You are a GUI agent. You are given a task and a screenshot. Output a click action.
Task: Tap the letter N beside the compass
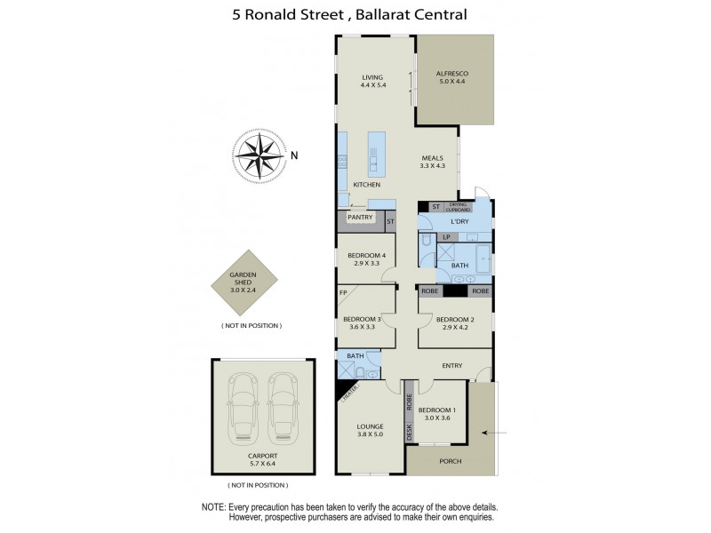[x=295, y=156]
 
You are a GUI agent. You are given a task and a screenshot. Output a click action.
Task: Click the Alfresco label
[x=452, y=73]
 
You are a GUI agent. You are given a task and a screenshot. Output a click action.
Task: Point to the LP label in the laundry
[x=447, y=237]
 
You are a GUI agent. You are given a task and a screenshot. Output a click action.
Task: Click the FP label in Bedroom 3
[x=342, y=291]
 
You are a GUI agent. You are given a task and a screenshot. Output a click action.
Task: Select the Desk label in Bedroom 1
[x=410, y=433]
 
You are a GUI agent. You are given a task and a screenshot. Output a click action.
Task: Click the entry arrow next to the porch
[x=495, y=433]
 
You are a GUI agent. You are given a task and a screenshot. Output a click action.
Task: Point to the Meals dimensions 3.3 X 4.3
[x=433, y=166]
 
